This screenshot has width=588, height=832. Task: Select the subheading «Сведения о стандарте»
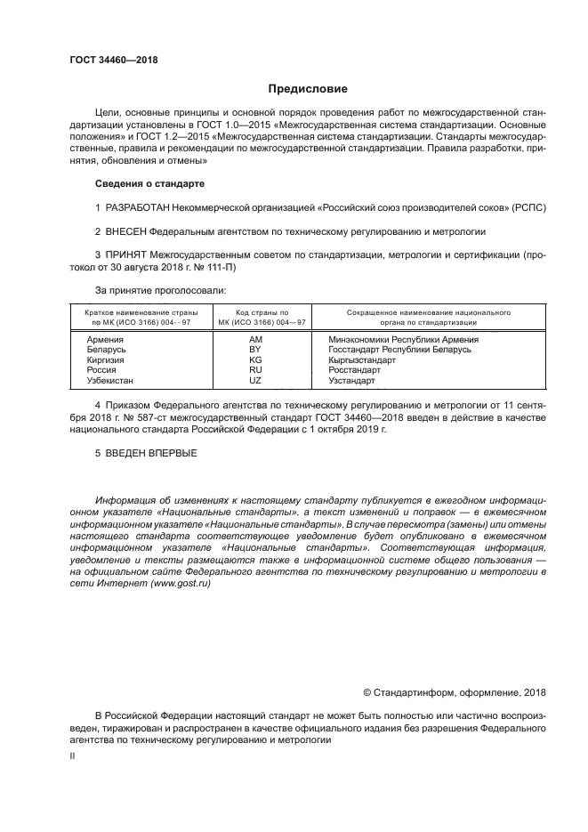149,183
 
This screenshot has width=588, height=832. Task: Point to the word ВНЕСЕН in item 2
125,230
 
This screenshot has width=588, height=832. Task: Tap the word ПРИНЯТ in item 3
126,254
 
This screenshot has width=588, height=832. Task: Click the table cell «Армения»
105,339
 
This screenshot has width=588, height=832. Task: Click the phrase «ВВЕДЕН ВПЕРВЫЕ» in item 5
151,453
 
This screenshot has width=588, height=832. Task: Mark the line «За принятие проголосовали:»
160,289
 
